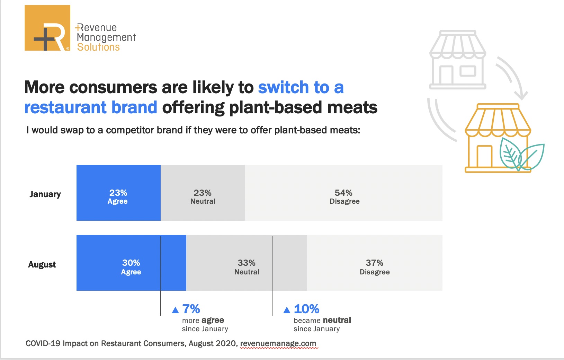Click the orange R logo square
[47, 28]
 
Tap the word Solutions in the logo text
[98, 47]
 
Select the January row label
[45, 194]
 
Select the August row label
[42, 264]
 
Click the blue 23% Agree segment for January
[119, 193]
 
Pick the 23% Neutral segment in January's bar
[203, 193]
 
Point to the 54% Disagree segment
[343, 193]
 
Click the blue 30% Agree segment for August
[132, 263]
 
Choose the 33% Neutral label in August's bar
[247, 267]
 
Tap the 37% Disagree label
[375, 267]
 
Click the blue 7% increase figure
[191, 309]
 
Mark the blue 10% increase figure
[306, 309]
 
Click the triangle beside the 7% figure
[175, 310]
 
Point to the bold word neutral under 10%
[337, 320]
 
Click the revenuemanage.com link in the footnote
[278, 343]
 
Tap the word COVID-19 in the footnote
[43, 343]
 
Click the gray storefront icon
[457, 60]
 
